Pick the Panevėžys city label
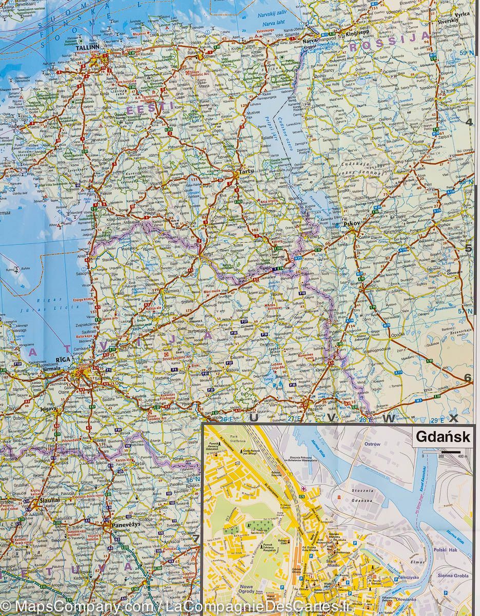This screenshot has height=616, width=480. pos(120,525)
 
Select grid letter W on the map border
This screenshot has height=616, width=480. pos(389,418)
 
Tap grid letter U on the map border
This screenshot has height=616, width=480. pos(253,418)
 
